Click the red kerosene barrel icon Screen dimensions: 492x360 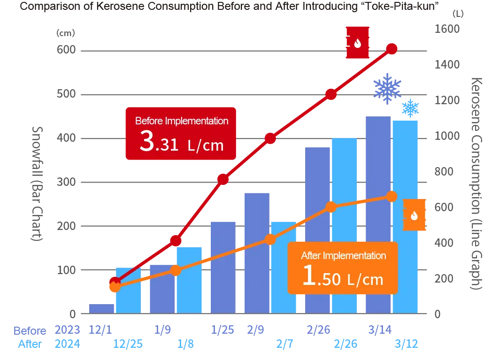[357, 42]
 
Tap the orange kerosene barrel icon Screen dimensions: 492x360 [414, 215]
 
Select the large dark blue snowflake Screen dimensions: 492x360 [387, 88]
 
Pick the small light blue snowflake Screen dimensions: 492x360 [410, 108]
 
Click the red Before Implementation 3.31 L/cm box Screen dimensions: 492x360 [181, 134]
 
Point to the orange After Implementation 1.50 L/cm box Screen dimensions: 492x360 [343, 268]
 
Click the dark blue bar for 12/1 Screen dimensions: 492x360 [102, 308]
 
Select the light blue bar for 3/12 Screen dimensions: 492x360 [405, 217]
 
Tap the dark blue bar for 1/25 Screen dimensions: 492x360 [223, 268]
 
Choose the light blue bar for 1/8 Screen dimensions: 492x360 [189, 280]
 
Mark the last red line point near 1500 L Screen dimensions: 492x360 [392, 49]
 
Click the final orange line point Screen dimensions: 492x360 [392, 197]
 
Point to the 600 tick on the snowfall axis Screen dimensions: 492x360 [66, 50]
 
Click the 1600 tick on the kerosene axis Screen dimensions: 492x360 [447, 29]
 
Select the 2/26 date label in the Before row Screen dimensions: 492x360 [318, 330]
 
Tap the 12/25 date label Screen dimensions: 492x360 [128, 344]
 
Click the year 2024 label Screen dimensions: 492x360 [68, 344]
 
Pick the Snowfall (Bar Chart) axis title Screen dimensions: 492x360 [37, 184]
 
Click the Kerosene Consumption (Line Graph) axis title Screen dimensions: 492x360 [477, 184]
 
